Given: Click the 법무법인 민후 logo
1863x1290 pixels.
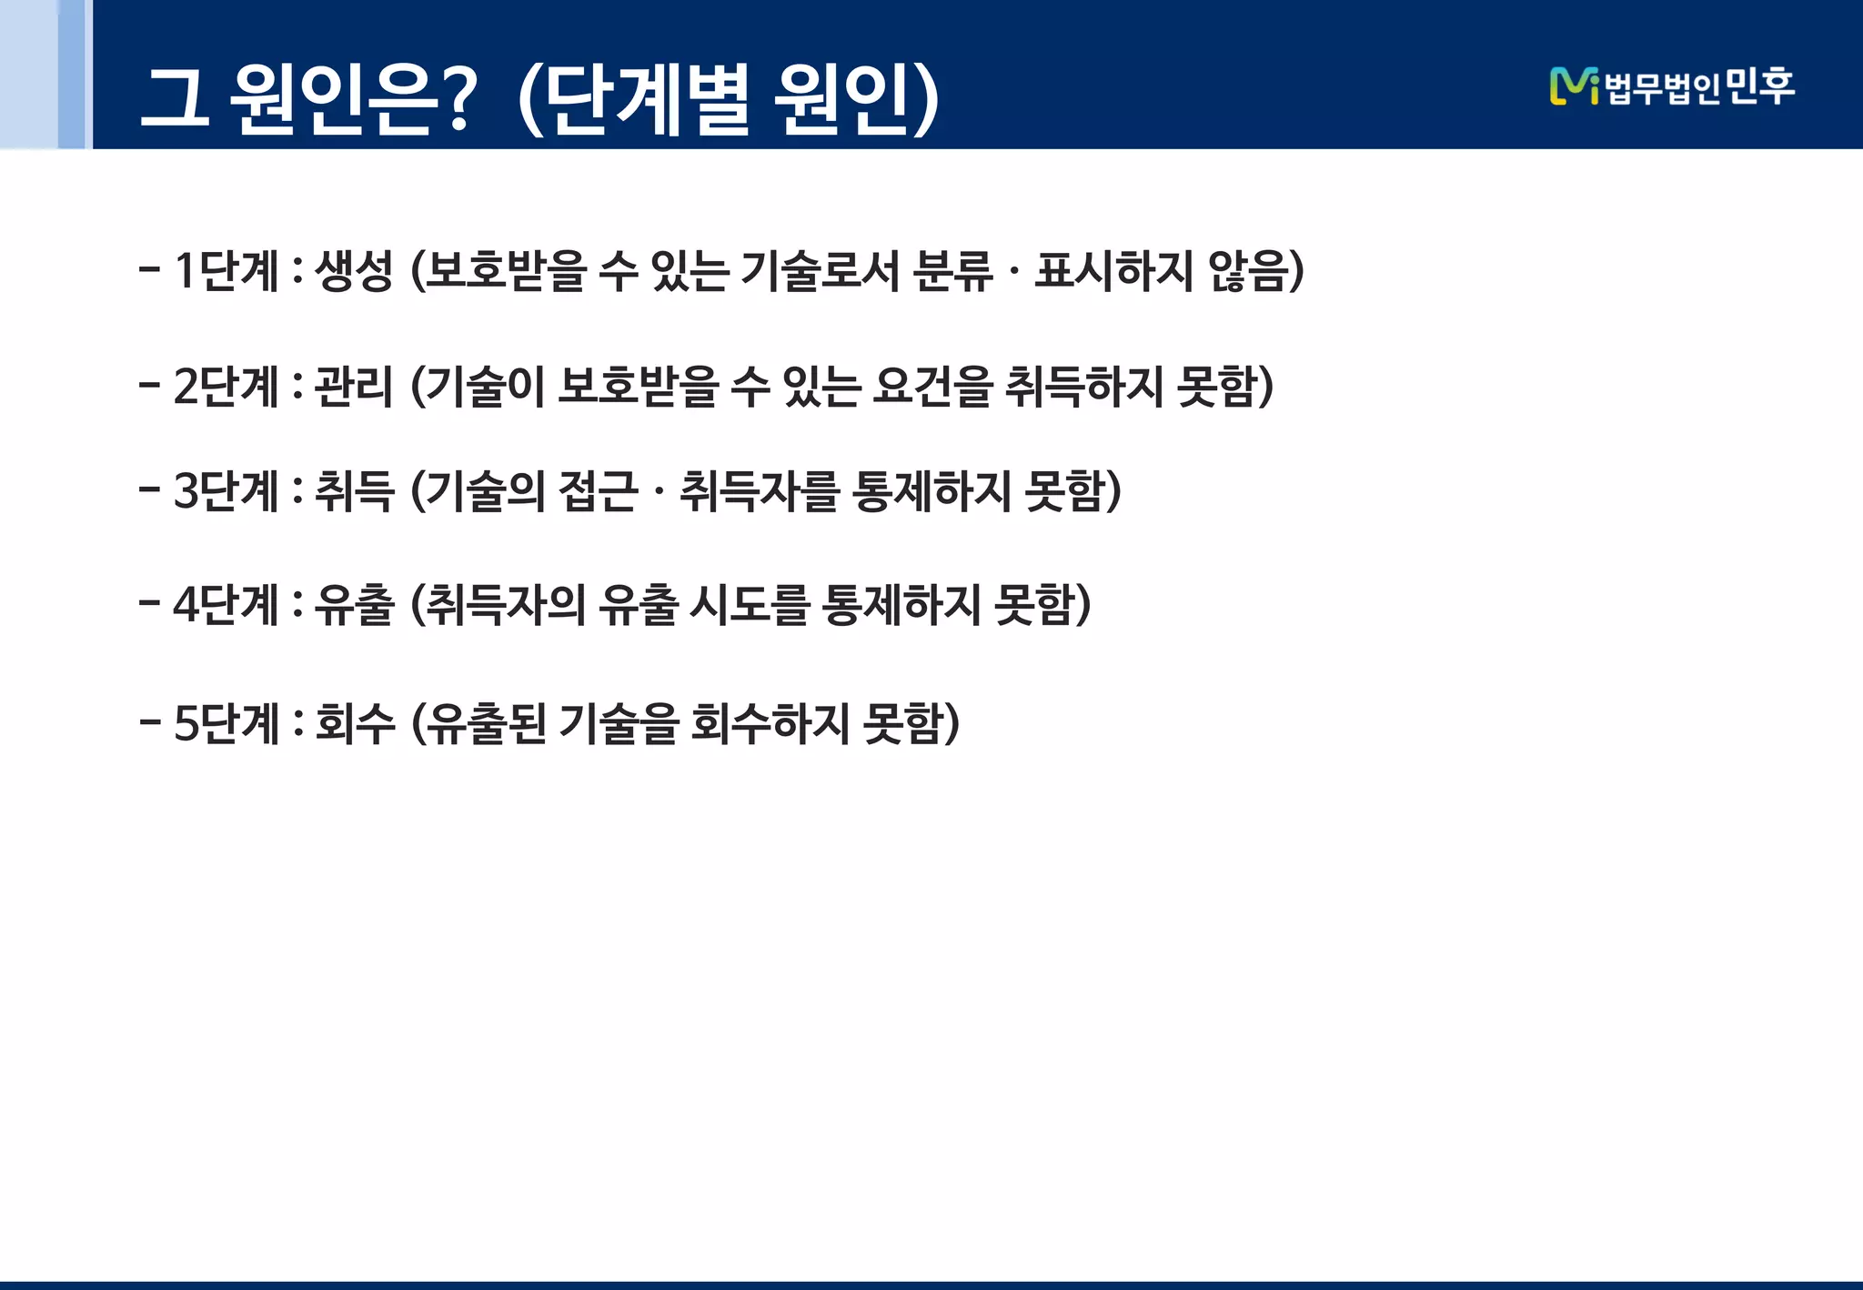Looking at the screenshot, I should pos(1672,86).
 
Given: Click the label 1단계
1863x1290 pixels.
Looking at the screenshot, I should pos(226,271).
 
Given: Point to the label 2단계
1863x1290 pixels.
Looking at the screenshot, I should pos(226,387).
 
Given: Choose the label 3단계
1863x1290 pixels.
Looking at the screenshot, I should pos(226,491).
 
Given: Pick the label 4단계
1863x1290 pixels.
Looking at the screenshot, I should pos(226,605).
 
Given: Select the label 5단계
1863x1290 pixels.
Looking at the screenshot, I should pos(226,724).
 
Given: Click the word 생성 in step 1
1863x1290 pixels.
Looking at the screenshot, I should pos(354,271).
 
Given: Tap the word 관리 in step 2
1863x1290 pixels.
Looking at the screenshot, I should pos(354,387).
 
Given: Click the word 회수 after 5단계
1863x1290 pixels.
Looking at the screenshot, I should pos(355,724).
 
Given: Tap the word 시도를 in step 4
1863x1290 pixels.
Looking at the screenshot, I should pos(749,605).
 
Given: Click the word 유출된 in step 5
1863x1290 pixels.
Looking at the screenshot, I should pos(487,724).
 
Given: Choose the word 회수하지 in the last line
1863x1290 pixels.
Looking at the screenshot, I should pos(770,724).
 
